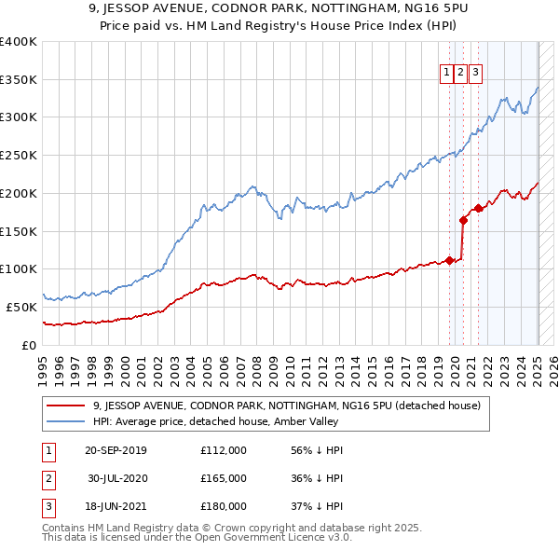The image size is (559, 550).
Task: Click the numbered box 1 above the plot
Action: click(x=447, y=72)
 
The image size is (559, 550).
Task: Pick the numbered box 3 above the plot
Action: click(x=475, y=72)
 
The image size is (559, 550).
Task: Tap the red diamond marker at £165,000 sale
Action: click(x=463, y=220)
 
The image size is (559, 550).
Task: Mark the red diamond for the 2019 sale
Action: click(x=449, y=260)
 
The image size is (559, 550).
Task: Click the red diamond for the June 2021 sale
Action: click(x=478, y=209)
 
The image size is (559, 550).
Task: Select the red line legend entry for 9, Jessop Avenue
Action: click(x=286, y=406)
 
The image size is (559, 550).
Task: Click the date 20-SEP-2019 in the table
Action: click(x=116, y=450)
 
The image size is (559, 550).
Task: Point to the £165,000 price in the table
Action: click(x=224, y=478)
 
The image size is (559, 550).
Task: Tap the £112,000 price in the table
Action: click(x=224, y=450)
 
